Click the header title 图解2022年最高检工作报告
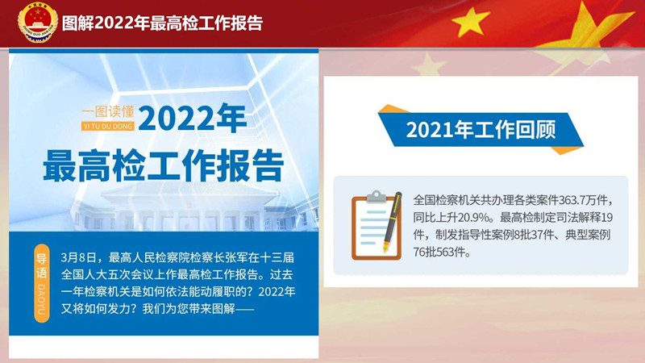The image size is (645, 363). (x=163, y=23)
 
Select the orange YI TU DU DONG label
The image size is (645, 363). (x=108, y=126)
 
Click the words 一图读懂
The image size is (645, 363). (x=108, y=111)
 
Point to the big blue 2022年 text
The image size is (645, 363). (x=192, y=118)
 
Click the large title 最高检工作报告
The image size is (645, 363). (x=164, y=165)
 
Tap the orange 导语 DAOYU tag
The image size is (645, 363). (x=42, y=283)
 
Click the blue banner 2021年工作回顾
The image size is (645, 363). (x=481, y=130)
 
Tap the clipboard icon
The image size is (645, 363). (x=377, y=225)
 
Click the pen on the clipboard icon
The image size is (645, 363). (x=392, y=221)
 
